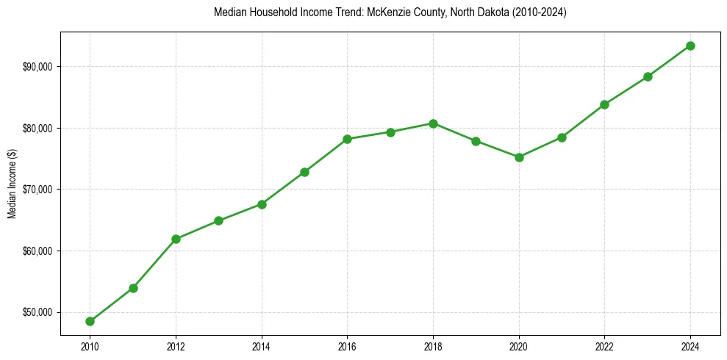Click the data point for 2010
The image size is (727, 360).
coord(90,321)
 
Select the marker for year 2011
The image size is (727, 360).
coord(133,288)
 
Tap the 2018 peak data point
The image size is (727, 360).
coord(434,123)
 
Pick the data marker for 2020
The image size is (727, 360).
coord(519,157)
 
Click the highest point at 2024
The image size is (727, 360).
coord(690,46)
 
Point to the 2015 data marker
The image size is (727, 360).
coord(304,172)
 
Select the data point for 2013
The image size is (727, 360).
coord(218,220)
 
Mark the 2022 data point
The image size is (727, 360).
coord(604,104)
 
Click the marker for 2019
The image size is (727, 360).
coord(476,141)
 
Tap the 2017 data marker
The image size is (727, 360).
coord(390,132)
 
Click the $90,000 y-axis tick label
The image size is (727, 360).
coord(40,67)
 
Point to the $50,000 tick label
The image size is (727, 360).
coord(40,312)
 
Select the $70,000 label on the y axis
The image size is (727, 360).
coord(40,190)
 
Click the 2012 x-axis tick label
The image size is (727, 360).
coord(176,346)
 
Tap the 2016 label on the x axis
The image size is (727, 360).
coord(347,346)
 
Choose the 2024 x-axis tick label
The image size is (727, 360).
coord(690,346)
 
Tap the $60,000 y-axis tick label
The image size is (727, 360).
coord(40,251)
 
